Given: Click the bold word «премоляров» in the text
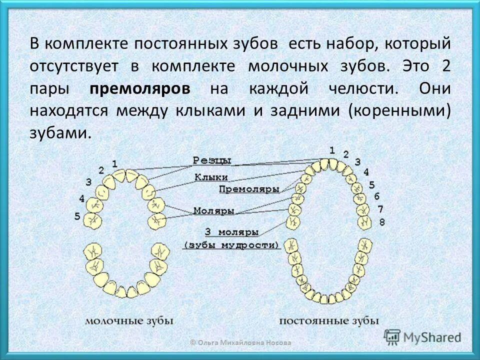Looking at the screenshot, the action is (140, 88).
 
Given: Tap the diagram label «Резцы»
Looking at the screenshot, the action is (211, 160).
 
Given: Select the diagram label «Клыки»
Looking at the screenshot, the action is (211, 177).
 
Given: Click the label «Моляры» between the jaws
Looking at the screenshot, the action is (213, 210).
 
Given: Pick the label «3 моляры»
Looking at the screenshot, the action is (231, 232).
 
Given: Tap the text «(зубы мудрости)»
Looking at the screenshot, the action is (231, 245).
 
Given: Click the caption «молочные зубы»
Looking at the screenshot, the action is (129, 320).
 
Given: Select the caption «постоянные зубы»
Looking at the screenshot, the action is (328, 320).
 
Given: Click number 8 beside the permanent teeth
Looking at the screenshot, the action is (381, 221).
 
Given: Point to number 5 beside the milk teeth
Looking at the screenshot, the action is (77, 216).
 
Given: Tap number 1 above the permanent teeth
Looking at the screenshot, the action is (332, 149).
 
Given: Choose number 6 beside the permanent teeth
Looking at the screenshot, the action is (376, 196).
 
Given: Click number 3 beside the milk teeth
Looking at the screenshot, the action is (88, 181).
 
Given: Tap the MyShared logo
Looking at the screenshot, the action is (422, 336).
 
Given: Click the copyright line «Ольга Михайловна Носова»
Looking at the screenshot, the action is (240, 342).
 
